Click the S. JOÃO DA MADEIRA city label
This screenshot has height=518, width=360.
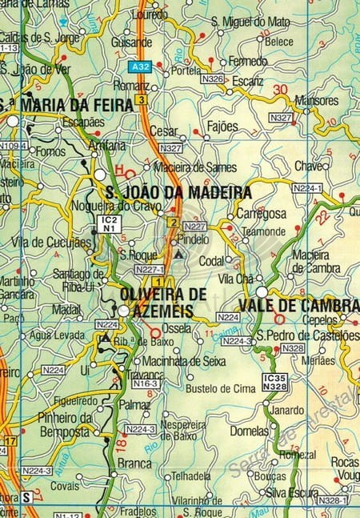point(178,192)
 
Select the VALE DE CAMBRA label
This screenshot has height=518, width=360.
point(298,305)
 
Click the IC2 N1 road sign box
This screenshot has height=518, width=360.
point(109,223)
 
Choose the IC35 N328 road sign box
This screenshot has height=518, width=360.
point(274,382)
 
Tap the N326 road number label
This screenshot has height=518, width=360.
point(213,79)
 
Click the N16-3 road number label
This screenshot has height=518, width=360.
point(146,384)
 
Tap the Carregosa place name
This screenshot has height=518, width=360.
point(261,215)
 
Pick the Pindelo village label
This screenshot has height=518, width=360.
point(193,239)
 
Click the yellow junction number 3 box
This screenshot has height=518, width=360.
point(142,99)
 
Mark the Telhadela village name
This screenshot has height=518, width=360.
point(190,476)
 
